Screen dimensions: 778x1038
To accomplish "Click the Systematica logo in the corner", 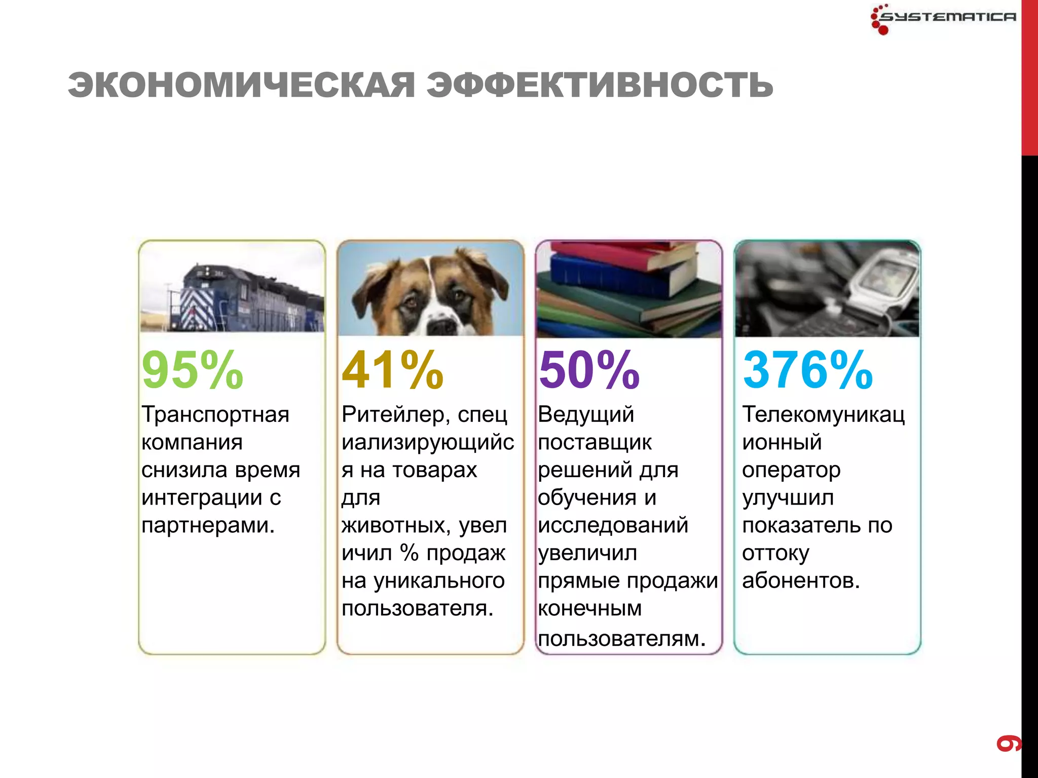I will click(943, 18).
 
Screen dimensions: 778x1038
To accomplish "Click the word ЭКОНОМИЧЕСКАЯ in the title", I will click(241, 85).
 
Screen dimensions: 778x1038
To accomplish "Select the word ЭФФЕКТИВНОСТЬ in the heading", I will click(600, 85).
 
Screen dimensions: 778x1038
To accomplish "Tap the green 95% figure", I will click(193, 370).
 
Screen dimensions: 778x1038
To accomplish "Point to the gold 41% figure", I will click(393, 370).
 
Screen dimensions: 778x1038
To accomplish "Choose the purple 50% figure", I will click(589, 370).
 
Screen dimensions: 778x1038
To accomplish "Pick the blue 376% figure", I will click(807, 370).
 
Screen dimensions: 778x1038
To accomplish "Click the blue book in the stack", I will click(608, 276).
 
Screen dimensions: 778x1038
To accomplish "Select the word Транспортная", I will click(215, 415).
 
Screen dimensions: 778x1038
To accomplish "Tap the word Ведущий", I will click(586, 415).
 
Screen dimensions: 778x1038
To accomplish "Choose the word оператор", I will click(791, 471).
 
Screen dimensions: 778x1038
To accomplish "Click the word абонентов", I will click(801, 581).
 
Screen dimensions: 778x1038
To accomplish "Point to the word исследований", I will click(613, 526).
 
